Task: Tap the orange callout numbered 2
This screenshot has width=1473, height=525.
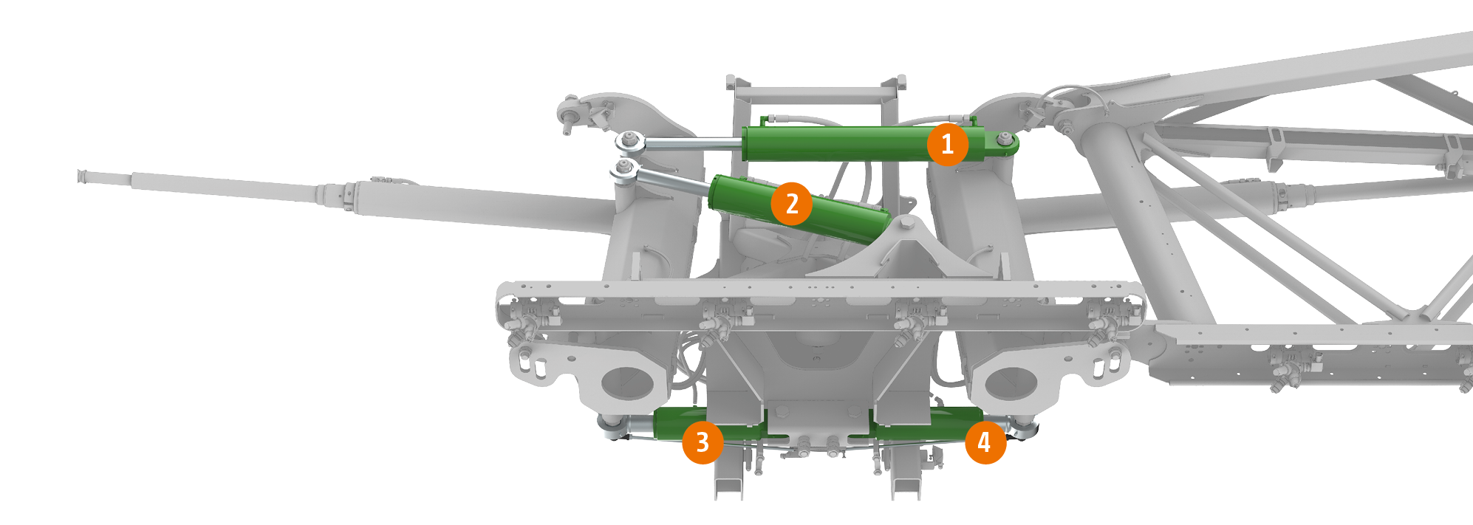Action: pos(792,203)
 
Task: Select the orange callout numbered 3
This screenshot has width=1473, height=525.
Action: pos(703,442)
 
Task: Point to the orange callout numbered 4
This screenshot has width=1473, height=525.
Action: pos(985,442)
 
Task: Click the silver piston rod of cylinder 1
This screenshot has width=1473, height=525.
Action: pos(694,144)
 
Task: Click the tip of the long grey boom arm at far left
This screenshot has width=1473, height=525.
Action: pos(81,176)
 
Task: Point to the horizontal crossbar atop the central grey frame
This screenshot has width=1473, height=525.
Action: pos(816,95)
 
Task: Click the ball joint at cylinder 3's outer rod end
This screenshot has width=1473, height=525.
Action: pos(611,425)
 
